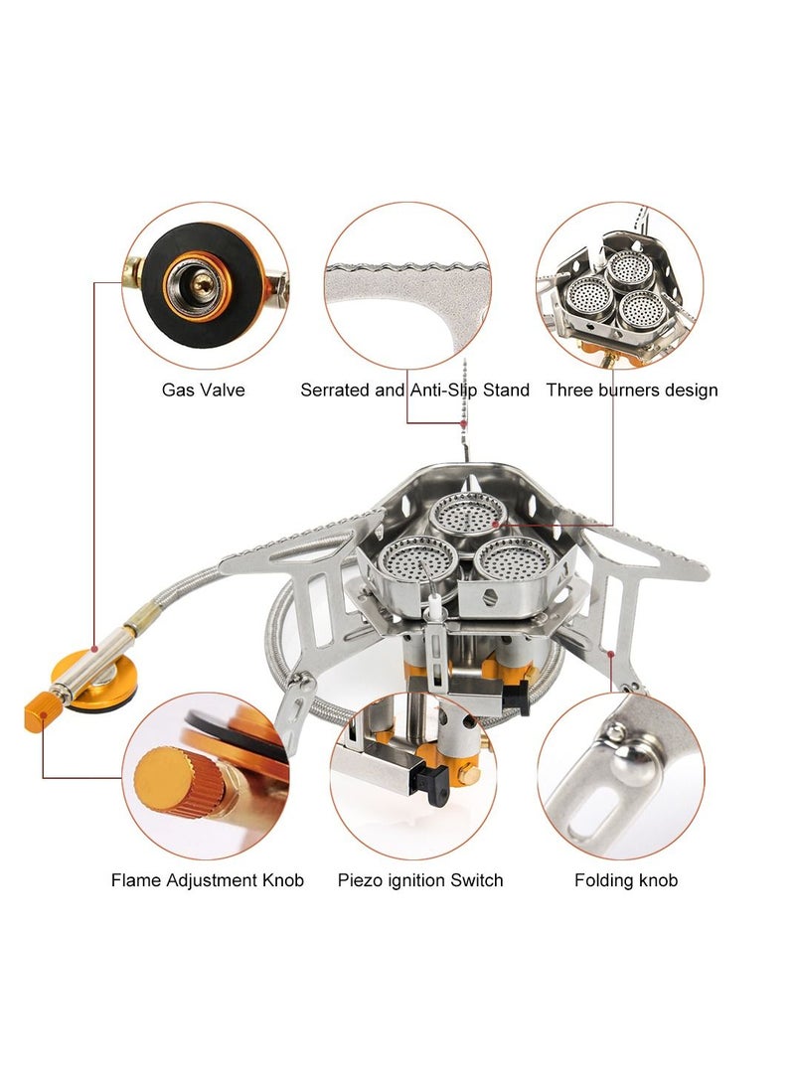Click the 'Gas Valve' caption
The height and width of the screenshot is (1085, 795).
click(x=203, y=390)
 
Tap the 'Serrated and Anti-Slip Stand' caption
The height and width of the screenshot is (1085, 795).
click(x=414, y=390)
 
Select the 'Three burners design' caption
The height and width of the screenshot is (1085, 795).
click(x=632, y=390)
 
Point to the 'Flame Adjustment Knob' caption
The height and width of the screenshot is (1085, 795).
click(x=208, y=880)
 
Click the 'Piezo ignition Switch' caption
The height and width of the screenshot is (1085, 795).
click(x=420, y=880)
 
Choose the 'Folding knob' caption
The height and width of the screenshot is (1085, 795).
click(x=626, y=880)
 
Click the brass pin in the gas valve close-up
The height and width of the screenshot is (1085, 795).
click(x=203, y=282)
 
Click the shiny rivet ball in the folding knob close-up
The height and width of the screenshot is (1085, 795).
click(x=633, y=763)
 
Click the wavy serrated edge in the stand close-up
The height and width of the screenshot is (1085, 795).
click(x=408, y=267)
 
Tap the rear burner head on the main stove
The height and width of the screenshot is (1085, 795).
click(x=468, y=516)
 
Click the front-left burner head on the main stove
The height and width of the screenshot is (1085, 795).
click(x=417, y=557)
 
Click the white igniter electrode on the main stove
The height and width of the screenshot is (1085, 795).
click(x=434, y=607)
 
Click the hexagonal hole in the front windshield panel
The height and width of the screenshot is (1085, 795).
click(x=490, y=597)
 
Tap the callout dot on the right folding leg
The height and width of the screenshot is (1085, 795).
click(x=611, y=653)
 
